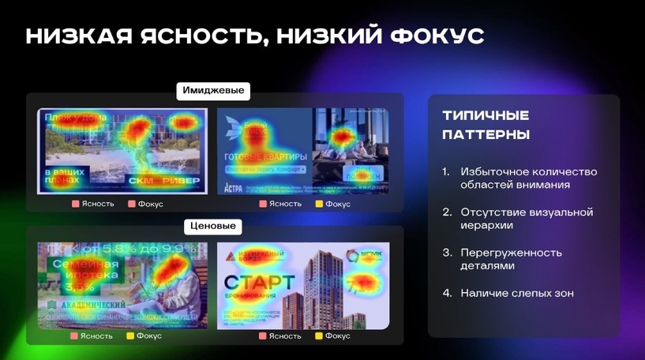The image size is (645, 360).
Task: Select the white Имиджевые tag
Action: pyautogui.click(x=213, y=91)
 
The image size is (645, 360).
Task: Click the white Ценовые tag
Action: pyautogui.click(x=213, y=227)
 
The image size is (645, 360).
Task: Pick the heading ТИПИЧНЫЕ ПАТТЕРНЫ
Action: pyautogui.click(x=486, y=125)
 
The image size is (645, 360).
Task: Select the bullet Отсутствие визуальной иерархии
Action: pyautogui.click(x=527, y=219)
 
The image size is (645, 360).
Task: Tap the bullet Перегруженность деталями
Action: pyautogui.click(x=511, y=259)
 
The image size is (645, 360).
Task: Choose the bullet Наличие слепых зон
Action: pyautogui.click(x=517, y=293)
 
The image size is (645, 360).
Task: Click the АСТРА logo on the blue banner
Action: pyautogui.click(x=234, y=187)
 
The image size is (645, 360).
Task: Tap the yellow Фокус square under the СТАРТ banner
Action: pyautogui.click(x=320, y=336)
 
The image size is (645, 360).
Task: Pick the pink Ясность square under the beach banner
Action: pyautogui.click(x=76, y=204)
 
